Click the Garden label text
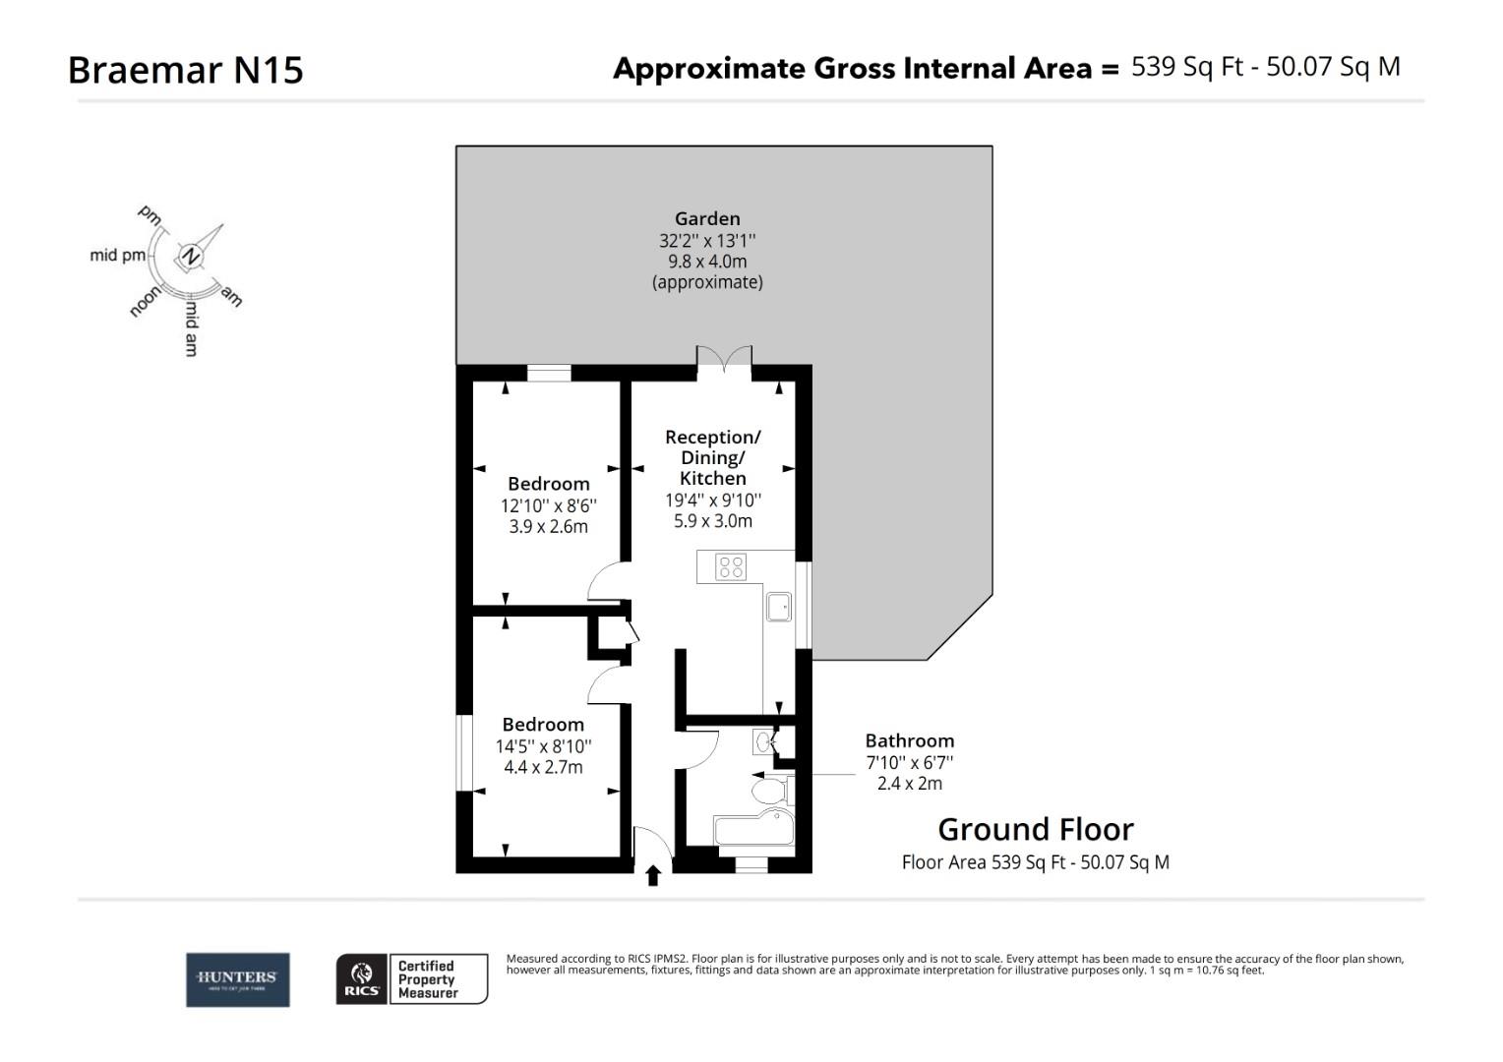[706, 218]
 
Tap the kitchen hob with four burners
[731, 567]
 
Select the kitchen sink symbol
[779, 606]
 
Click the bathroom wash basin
[764, 740]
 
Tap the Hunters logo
[238, 979]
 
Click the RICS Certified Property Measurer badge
[412, 979]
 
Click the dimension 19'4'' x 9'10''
[713, 500]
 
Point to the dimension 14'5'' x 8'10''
[543, 746]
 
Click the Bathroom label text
[909, 740]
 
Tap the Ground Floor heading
[1035, 829]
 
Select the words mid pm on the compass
[117, 256]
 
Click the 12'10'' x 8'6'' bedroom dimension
[548, 505]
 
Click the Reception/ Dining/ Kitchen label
[713, 457]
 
